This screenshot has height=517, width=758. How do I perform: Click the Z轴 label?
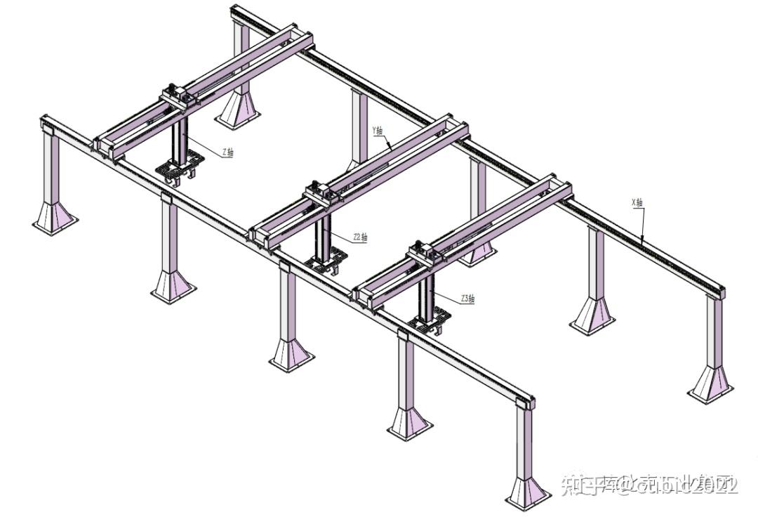[227, 152]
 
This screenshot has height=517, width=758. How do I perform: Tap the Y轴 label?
[378, 130]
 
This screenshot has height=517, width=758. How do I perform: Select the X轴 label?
[637, 203]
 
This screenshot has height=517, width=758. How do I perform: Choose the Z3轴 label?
[467, 299]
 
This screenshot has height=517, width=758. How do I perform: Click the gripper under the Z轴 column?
[179, 171]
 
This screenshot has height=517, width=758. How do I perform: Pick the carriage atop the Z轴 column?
[176, 95]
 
